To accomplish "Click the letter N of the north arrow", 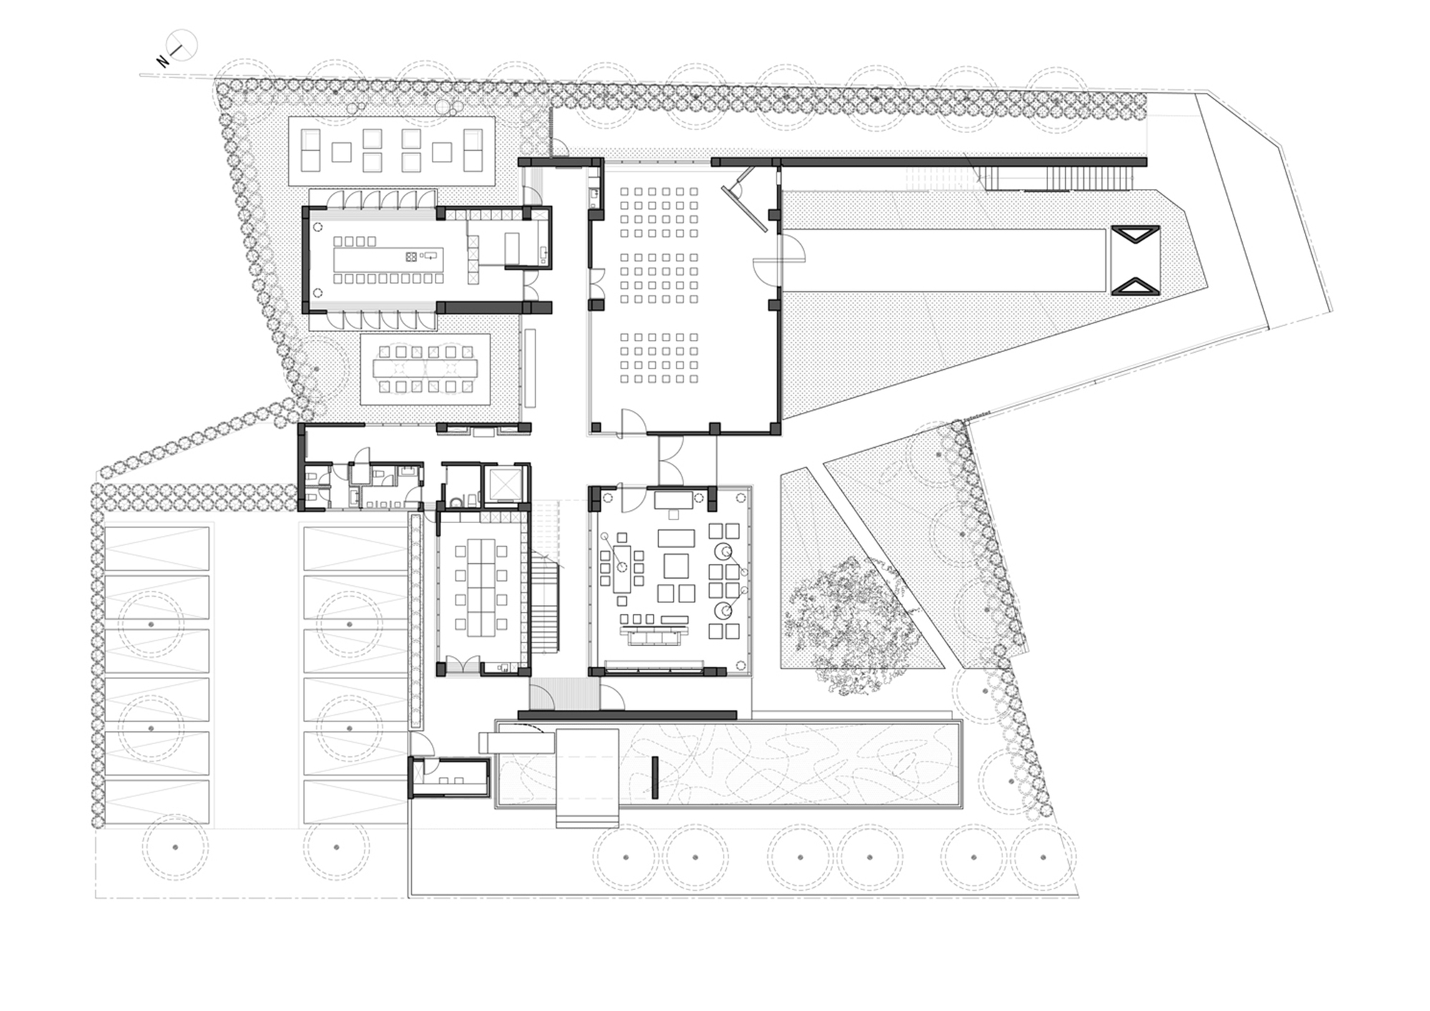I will [164, 62].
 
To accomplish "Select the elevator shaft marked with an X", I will [505, 484].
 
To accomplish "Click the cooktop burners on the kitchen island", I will [412, 256].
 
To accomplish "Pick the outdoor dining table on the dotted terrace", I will [425, 369].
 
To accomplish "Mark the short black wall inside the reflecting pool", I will [655, 777].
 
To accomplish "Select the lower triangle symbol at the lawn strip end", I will [1134, 287].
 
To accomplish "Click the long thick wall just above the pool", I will [626, 715].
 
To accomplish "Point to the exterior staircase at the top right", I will [1090, 176].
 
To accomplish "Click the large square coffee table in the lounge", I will [676, 566].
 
